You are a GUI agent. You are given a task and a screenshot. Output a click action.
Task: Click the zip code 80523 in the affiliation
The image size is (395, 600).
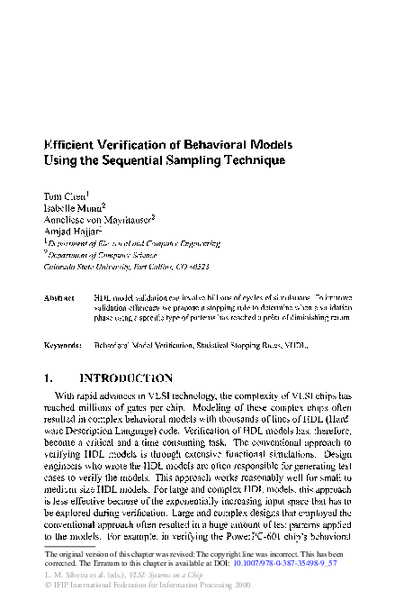pyautogui.click(x=197, y=267)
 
